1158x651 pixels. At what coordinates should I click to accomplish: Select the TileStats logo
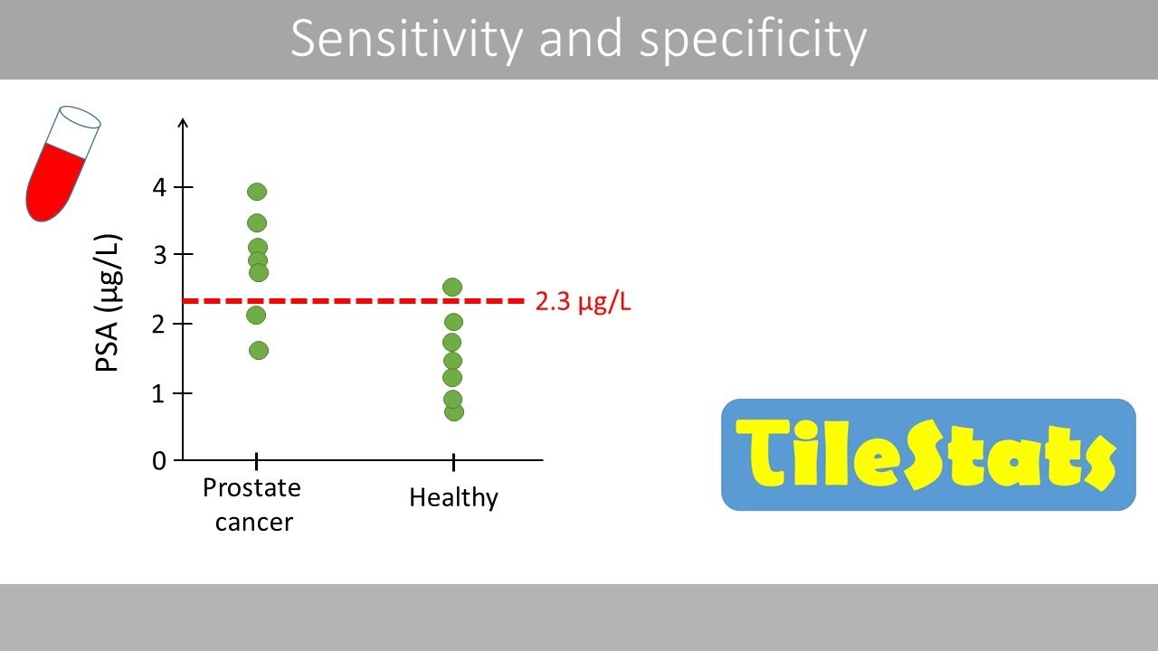point(927,455)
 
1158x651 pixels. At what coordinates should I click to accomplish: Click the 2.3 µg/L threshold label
point(583,302)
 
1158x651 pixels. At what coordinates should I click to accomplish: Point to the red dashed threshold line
point(362,301)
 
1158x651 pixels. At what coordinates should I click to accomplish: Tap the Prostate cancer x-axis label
point(252,505)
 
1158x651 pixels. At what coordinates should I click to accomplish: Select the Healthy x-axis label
point(453,497)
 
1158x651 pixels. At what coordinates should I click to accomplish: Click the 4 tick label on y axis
point(160,188)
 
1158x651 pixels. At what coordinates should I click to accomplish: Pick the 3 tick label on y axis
point(160,256)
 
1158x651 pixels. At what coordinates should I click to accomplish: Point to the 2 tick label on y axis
point(160,325)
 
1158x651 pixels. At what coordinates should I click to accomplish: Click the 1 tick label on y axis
point(160,393)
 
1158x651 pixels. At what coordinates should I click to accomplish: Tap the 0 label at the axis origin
point(160,460)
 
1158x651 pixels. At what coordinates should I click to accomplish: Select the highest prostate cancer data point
point(257,192)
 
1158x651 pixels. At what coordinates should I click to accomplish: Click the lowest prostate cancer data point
point(258,351)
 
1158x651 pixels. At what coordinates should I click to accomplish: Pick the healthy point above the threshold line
point(452,288)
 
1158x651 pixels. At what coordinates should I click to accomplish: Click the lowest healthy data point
point(454,412)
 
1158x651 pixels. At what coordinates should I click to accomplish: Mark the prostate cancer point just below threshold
point(256,315)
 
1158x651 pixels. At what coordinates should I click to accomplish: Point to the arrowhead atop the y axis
point(184,123)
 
